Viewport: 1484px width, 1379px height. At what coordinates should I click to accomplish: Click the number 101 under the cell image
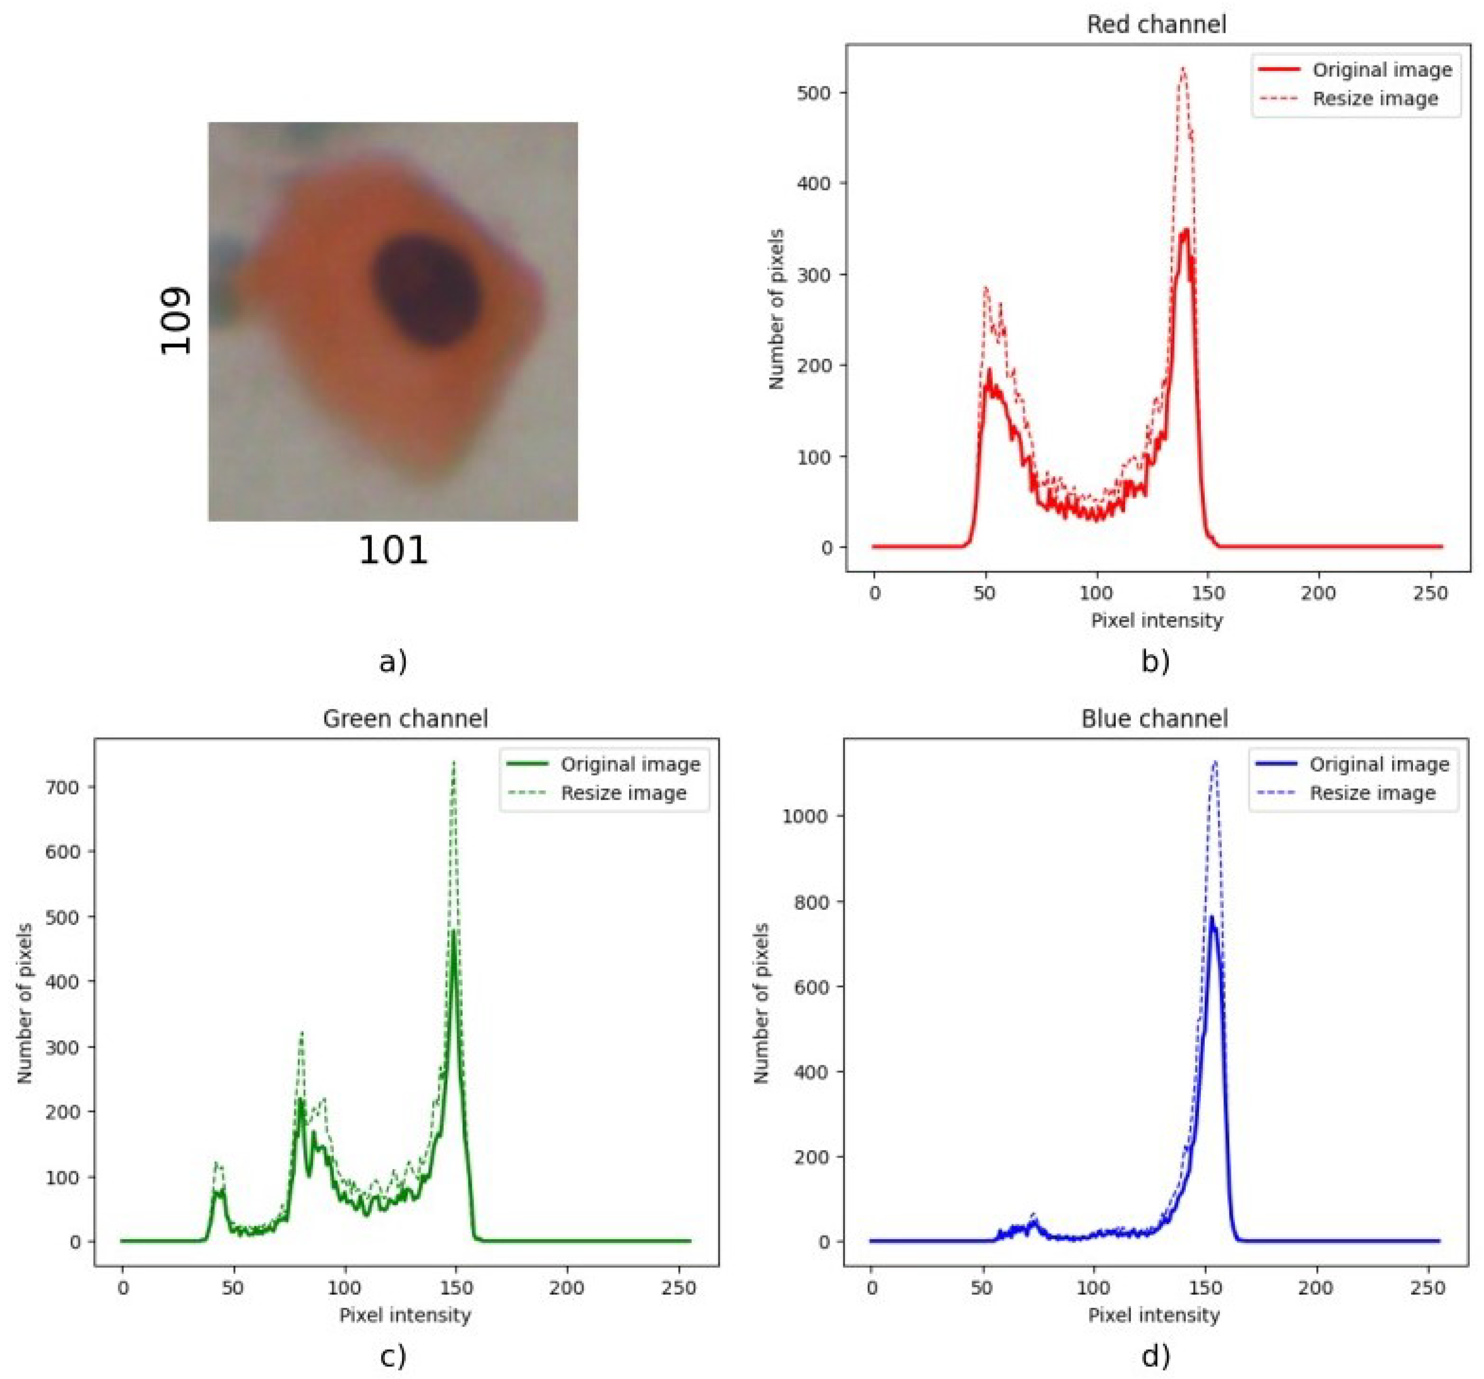click(394, 551)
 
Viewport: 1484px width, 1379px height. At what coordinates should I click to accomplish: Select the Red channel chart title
click(1155, 25)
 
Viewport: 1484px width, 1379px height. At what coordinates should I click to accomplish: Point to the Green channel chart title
click(405, 719)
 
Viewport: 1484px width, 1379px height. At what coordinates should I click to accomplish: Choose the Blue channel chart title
click(1154, 719)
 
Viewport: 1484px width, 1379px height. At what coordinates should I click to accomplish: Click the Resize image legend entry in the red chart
click(1375, 99)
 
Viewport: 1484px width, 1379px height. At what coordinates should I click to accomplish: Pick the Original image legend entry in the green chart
click(631, 764)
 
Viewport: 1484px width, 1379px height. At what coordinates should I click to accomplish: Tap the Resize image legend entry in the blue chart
click(1373, 793)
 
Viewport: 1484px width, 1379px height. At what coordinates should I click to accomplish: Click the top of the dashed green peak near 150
click(453, 762)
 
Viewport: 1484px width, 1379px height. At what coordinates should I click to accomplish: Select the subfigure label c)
click(394, 1355)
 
